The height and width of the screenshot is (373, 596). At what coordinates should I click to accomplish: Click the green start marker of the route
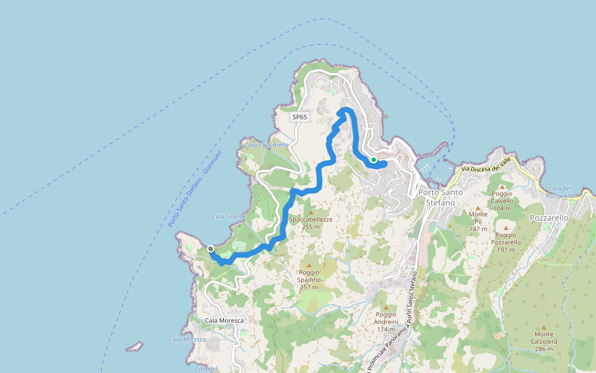(374, 160)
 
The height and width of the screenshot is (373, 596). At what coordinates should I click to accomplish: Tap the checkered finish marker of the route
(212, 249)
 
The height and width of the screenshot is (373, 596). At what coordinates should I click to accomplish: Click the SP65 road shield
(300, 117)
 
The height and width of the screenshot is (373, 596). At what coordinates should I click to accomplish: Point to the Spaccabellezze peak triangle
(311, 213)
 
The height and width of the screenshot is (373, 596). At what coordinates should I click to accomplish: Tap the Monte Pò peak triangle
(478, 208)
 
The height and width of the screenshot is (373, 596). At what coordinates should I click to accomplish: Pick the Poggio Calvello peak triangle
(502, 186)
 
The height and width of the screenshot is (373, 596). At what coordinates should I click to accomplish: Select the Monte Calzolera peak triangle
(543, 327)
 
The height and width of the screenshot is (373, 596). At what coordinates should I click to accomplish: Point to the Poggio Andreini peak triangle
(386, 307)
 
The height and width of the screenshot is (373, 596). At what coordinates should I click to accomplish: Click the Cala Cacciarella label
(266, 145)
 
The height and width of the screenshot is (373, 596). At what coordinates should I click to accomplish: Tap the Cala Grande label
(229, 216)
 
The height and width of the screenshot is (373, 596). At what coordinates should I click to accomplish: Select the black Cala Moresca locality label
(225, 320)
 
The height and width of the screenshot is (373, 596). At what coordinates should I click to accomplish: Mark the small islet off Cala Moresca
(134, 346)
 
